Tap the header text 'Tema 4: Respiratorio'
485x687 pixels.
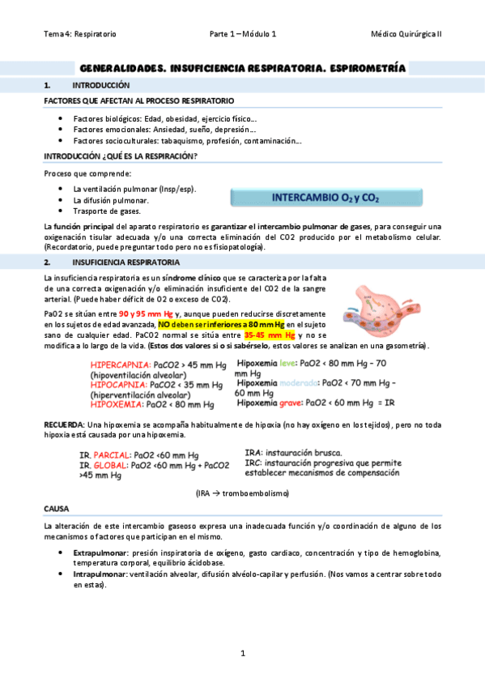[80, 34]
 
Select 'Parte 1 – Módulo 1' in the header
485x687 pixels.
[243, 34]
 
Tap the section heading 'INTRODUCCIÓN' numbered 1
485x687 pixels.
[100, 85]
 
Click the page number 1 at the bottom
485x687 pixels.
[242, 653]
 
